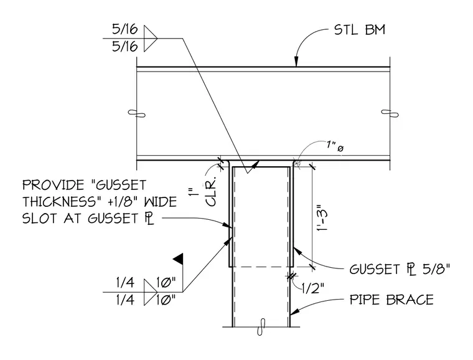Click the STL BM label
(360, 30)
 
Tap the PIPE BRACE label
(391, 300)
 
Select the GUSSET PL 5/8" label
(400, 269)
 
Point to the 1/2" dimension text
(313, 289)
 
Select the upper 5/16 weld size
(125, 29)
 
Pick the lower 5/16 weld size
(125, 47)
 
